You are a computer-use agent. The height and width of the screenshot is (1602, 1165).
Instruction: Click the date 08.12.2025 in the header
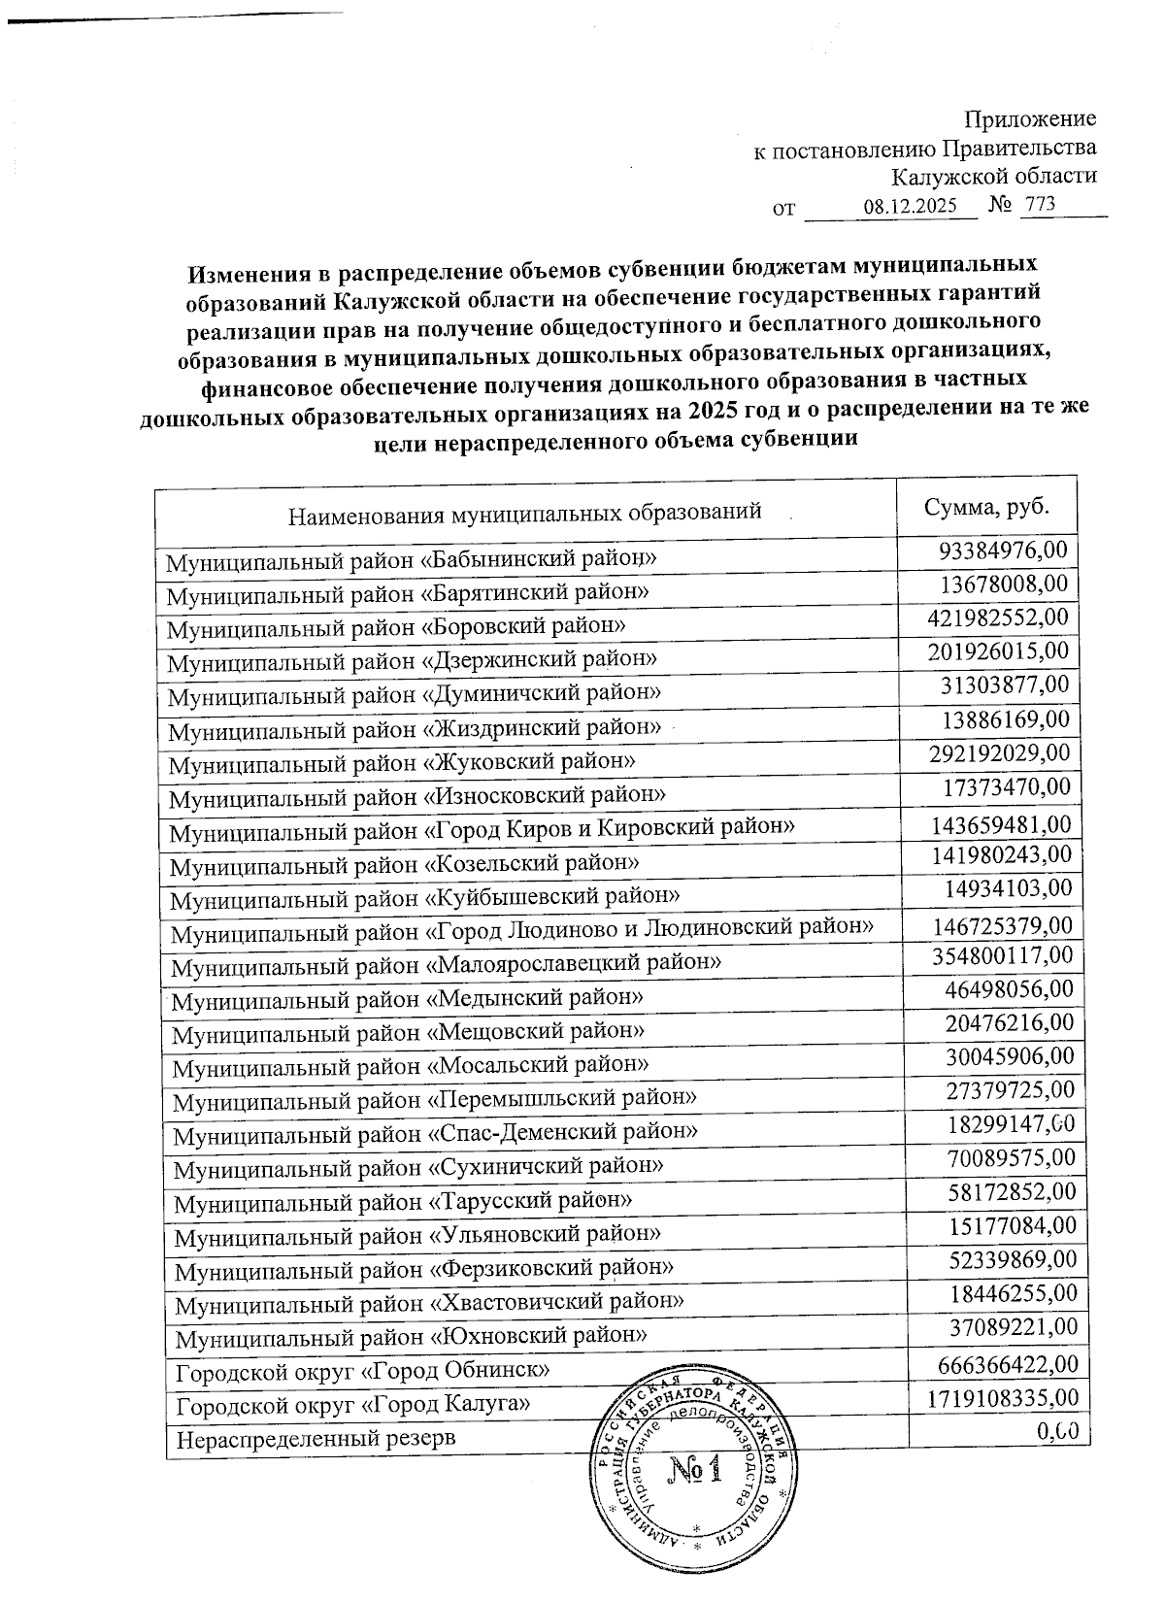click(910, 207)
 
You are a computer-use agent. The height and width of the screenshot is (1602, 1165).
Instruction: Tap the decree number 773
click(1038, 206)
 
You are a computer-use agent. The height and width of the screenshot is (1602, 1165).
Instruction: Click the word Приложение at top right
click(1030, 119)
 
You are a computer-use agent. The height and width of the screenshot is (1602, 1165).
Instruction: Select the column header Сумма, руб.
click(986, 509)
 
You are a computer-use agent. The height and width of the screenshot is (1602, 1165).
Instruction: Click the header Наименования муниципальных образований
click(524, 512)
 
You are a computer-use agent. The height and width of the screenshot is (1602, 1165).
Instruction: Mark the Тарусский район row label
click(403, 1201)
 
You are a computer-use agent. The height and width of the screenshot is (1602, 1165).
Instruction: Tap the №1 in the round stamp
click(694, 1476)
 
